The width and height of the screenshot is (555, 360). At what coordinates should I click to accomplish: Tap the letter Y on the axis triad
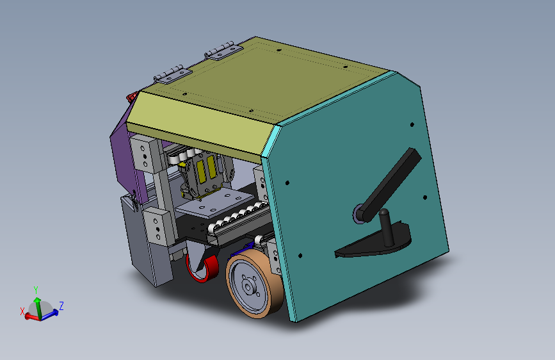point(36,290)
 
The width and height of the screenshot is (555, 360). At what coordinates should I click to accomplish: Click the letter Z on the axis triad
point(61,306)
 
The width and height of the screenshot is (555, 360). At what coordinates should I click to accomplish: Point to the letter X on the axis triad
point(22,311)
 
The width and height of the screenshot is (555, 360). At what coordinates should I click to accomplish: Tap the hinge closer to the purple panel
point(173,74)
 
